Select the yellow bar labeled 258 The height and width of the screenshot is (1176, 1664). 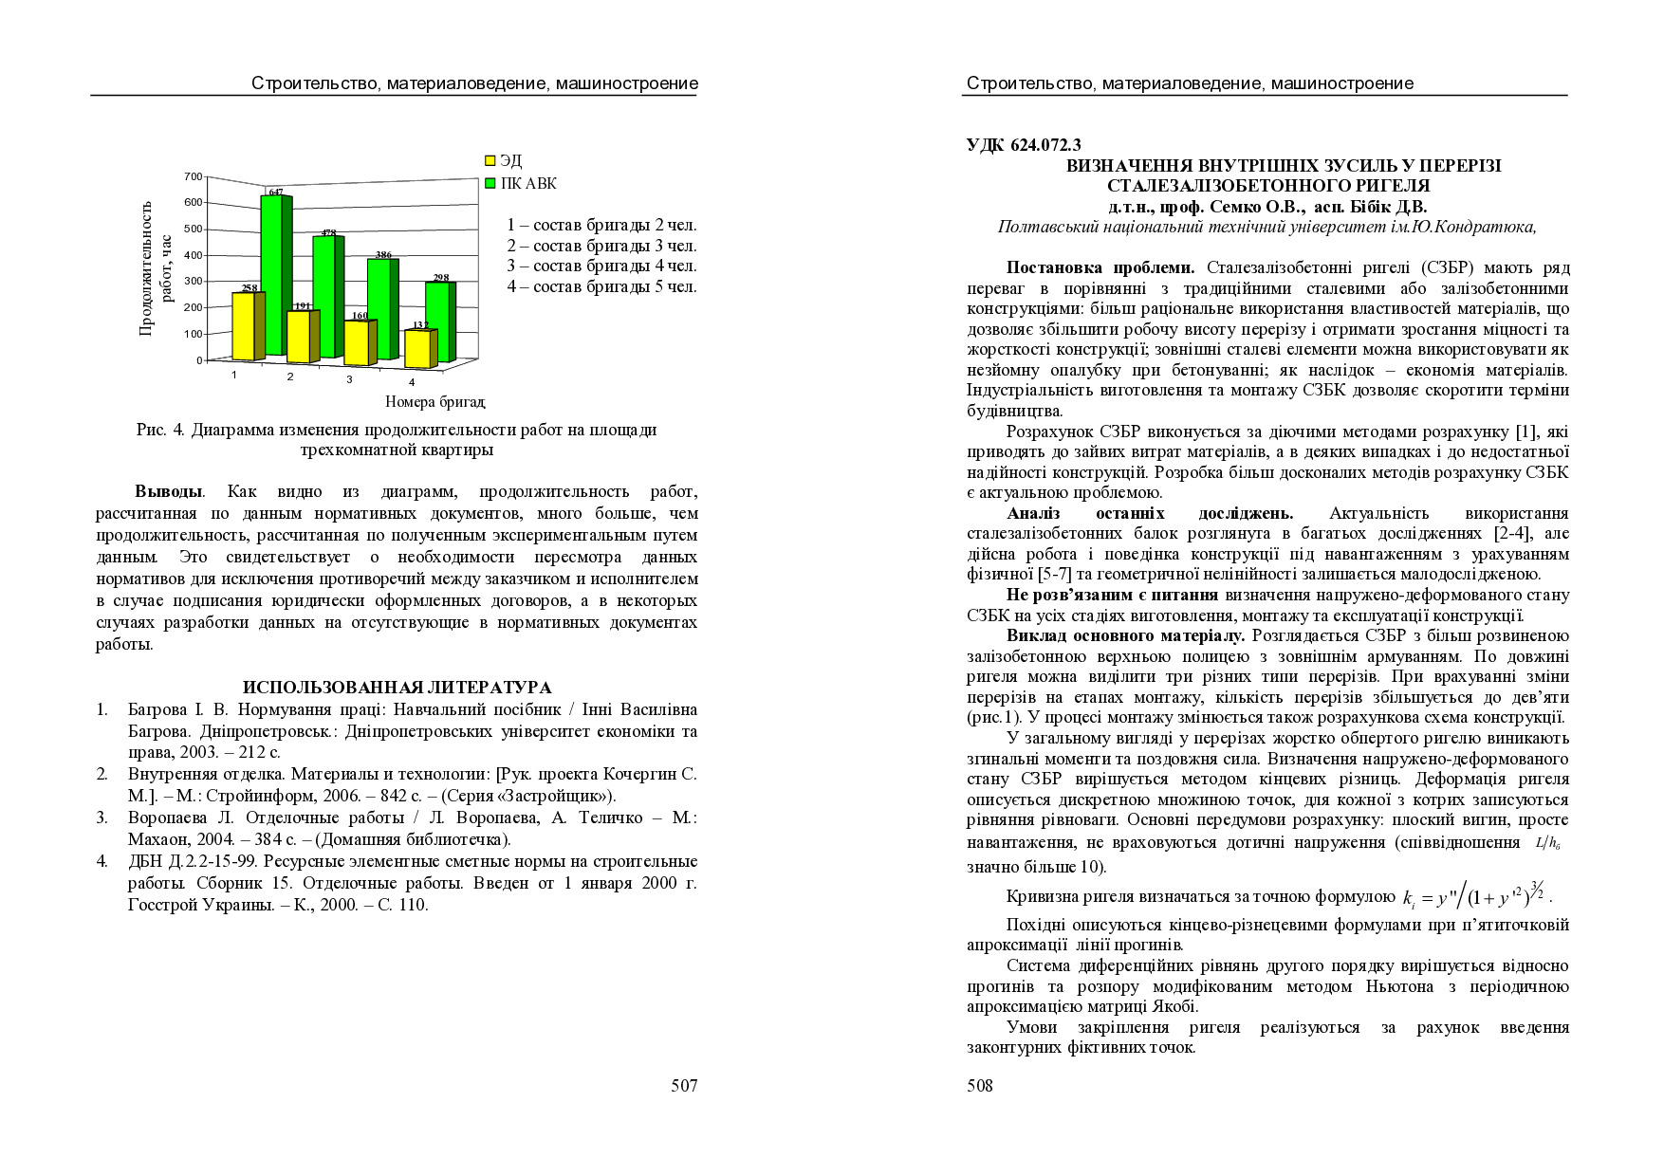[244, 326]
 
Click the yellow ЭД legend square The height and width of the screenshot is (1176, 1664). [490, 161]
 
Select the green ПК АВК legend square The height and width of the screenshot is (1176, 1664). [490, 183]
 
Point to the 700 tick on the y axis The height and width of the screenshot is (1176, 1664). [193, 176]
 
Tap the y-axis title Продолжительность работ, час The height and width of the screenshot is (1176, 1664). [156, 267]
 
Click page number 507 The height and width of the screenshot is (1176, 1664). [684, 1086]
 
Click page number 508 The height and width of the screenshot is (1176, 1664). [980, 1086]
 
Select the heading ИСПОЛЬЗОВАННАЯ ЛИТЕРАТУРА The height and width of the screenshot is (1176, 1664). [397, 688]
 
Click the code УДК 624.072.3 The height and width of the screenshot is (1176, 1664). [1024, 145]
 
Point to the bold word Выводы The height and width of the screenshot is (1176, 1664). [168, 492]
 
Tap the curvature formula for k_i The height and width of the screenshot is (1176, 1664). [1477, 895]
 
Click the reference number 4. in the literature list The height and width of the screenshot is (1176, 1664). [102, 862]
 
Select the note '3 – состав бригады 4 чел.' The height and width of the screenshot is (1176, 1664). [601, 266]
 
